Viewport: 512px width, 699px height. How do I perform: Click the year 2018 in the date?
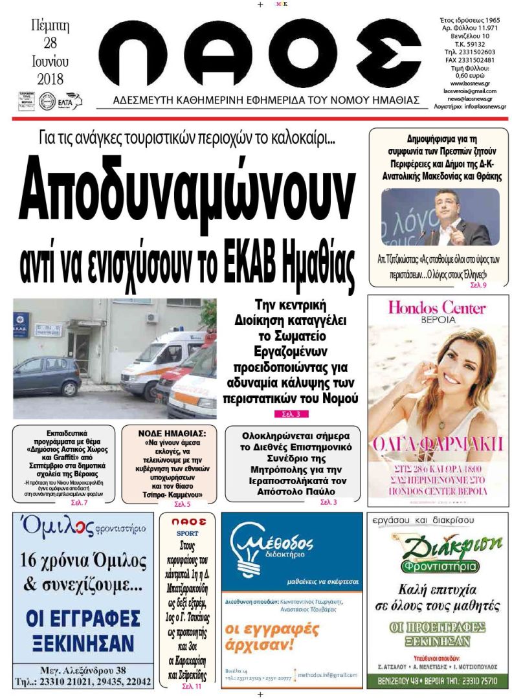coord(50,80)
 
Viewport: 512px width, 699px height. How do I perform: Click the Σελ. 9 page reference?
coord(478,285)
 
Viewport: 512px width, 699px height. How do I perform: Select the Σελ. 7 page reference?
coord(79,502)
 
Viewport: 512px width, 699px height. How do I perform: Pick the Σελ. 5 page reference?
coord(183,504)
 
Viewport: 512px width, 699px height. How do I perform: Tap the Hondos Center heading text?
coord(437,308)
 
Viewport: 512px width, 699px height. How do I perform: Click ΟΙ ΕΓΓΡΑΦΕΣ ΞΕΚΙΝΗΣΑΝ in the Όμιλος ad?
coord(82,630)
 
